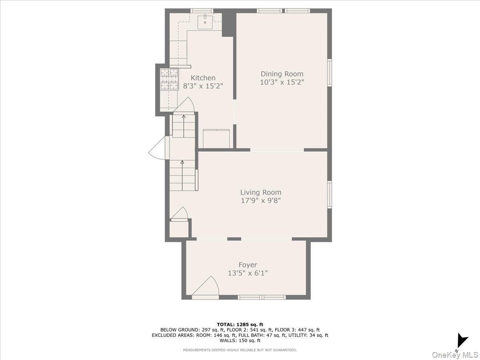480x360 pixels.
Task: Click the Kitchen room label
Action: pos(203,78)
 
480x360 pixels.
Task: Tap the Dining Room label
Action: pos(282,74)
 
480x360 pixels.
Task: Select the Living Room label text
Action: pos(260,192)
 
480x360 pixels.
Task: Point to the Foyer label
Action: pos(248,265)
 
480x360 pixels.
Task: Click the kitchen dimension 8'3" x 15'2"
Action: pos(203,86)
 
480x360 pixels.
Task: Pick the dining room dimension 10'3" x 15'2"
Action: pos(282,82)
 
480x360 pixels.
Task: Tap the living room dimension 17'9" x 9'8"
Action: pos(260,200)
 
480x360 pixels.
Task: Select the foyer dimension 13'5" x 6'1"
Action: pos(248,273)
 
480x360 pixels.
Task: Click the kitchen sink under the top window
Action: pos(206,20)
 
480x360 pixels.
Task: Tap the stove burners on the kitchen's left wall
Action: pos(169,79)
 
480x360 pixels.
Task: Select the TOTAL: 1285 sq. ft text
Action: pos(240,324)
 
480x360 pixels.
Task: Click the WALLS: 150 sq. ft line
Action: pos(240,341)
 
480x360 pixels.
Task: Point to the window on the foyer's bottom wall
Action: pos(262,297)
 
